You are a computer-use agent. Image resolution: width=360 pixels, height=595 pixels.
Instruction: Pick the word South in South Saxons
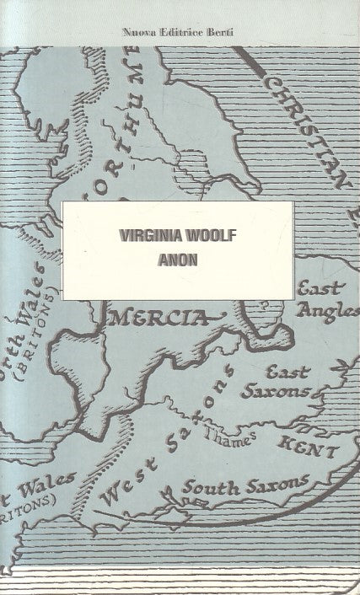click(204, 487)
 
